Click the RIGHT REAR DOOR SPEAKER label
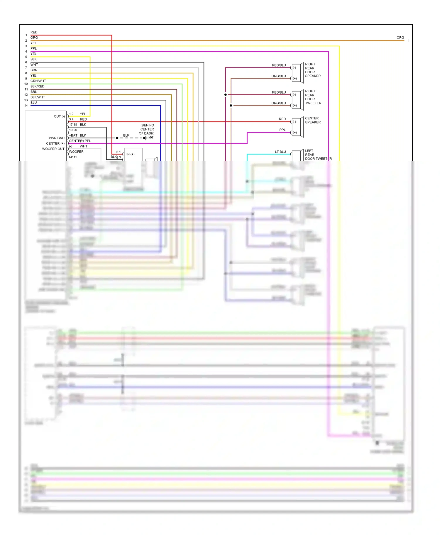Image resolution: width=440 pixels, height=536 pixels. click(x=313, y=70)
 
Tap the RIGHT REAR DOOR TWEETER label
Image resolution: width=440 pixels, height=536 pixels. click(x=313, y=97)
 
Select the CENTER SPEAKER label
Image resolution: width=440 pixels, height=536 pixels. click(x=313, y=120)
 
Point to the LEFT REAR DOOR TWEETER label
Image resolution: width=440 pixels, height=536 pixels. click(x=318, y=155)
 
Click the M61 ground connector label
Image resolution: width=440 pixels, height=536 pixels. click(x=151, y=138)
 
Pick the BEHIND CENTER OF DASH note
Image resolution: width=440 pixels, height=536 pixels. click(x=147, y=129)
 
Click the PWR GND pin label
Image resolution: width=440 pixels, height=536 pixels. click(x=57, y=138)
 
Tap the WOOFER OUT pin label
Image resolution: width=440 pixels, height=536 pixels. click(x=53, y=149)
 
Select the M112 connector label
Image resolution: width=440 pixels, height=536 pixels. click(x=73, y=157)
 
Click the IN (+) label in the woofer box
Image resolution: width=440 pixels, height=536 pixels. click(x=130, y=154)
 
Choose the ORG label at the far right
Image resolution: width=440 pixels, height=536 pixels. click(x=400, y=38)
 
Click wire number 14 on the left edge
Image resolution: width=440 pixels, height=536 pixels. click(x=26, y=106)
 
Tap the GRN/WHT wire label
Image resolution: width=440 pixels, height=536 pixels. click(x=38, y=81)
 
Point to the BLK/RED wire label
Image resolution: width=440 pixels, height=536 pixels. click(x=38, y=86)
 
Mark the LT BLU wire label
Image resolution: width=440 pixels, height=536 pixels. click(x=280, y=152)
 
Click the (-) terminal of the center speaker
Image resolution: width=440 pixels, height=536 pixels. click(x=295, y=122)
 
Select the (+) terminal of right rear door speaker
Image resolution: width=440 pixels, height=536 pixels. click(x=295, y=79)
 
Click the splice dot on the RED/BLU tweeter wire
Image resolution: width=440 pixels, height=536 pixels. click(x=225, y=95)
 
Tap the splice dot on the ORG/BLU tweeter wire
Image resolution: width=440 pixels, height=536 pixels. click(x=231, y=106)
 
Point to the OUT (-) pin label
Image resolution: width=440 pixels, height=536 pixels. click(x=59, y=116)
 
